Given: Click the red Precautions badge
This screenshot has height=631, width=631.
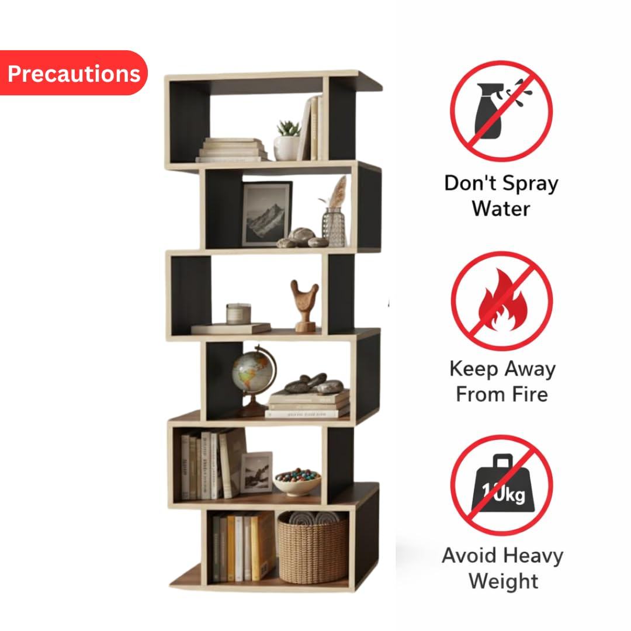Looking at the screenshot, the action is coord(74,73).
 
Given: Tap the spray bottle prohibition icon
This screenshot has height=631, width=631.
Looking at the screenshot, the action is coord(501,112).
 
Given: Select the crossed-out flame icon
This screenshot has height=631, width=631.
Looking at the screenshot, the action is coord(502,301).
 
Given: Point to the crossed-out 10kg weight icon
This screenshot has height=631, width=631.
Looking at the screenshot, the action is coord(501,485).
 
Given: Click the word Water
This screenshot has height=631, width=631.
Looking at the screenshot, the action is coord(501,209).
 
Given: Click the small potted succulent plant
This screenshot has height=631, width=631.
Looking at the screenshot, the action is coord(287,140).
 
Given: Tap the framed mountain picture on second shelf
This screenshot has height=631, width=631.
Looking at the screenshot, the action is coord(267,213).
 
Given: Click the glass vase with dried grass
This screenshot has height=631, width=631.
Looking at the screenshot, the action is coord(334,213).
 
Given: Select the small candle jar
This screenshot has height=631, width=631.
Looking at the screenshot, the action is coord(238,314).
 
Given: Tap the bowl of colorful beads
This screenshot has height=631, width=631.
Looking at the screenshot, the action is coord(297,481).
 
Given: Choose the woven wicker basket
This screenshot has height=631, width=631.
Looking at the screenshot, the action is coord(312,547).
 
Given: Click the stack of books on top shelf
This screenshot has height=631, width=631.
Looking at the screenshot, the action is coord(232,150).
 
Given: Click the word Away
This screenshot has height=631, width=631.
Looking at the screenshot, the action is coord(530,369).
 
